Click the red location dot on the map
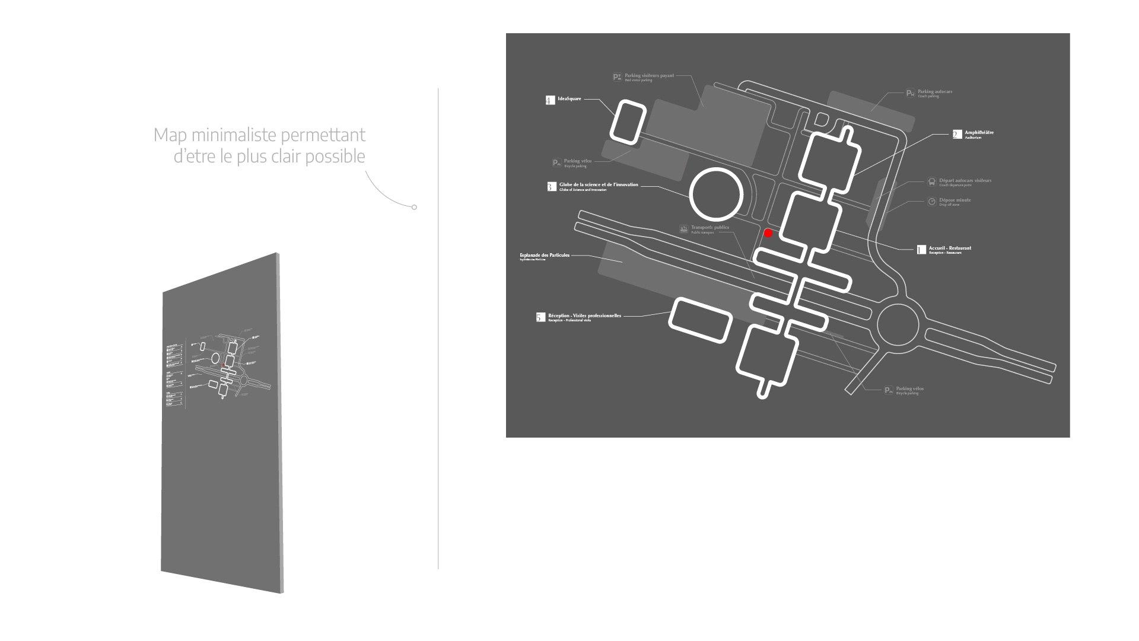768,233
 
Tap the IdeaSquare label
569,99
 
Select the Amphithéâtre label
979,133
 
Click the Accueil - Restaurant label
950,248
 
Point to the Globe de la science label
599,185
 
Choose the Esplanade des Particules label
545,256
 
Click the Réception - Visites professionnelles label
584,316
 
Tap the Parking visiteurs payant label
649,76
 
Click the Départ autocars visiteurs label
965,181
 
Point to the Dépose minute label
955,200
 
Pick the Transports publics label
710,228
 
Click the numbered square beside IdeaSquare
550,100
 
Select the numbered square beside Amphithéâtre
957,135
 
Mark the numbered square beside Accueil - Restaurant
921,250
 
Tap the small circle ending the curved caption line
414,207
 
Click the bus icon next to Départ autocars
931,182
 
